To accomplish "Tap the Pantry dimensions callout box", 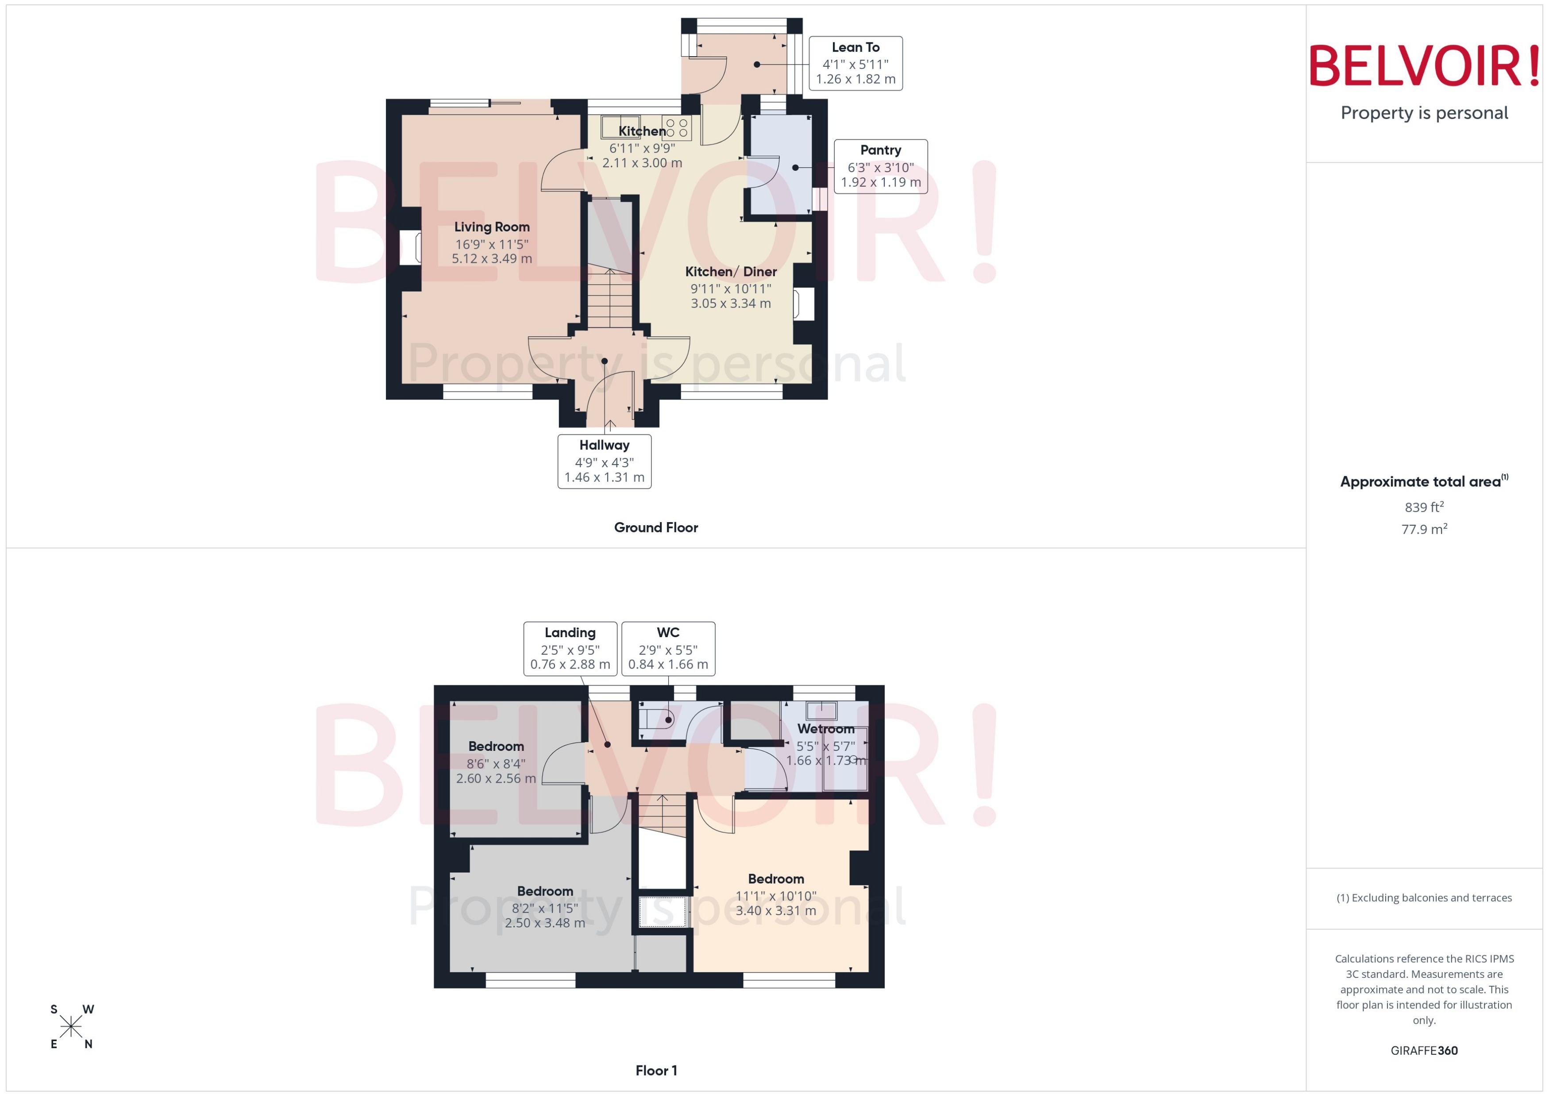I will click(880, 167).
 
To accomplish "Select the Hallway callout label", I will click(604, 461).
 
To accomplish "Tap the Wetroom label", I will click(825, 729).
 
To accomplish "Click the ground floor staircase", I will click(609, 297).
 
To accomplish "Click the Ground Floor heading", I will click(655, 527).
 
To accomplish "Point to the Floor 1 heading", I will click(655, 1070).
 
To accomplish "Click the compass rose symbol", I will click(71, 1027).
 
